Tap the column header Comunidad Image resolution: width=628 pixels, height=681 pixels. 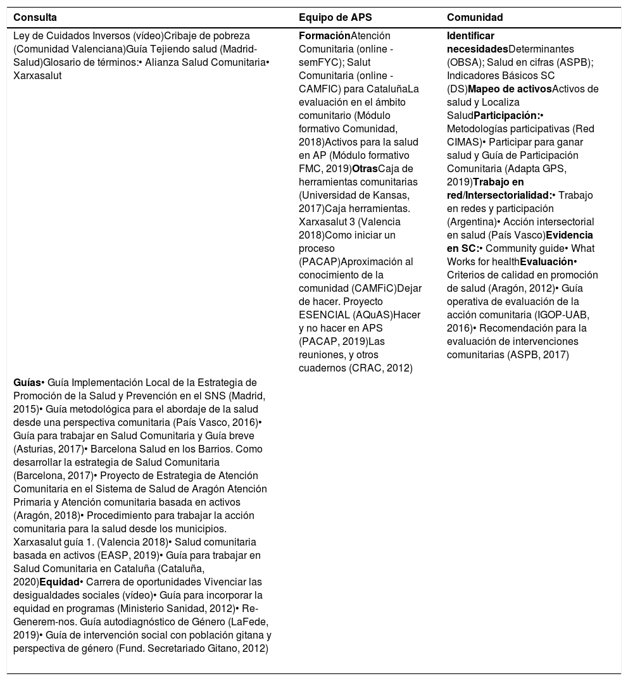point(475,17)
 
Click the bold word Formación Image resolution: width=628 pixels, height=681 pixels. point(324,36)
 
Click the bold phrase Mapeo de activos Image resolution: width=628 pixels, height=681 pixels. point(510,89)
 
